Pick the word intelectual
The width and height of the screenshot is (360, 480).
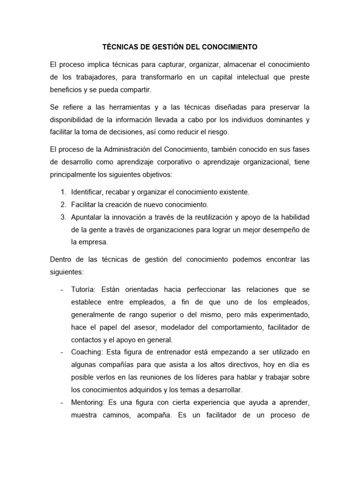254,77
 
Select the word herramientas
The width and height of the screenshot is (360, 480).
125,107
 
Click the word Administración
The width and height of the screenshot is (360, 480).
134,150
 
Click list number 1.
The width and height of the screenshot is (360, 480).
63,192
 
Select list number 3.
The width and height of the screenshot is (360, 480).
63,217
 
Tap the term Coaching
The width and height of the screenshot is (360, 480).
87,352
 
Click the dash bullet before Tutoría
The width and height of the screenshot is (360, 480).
62,289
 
